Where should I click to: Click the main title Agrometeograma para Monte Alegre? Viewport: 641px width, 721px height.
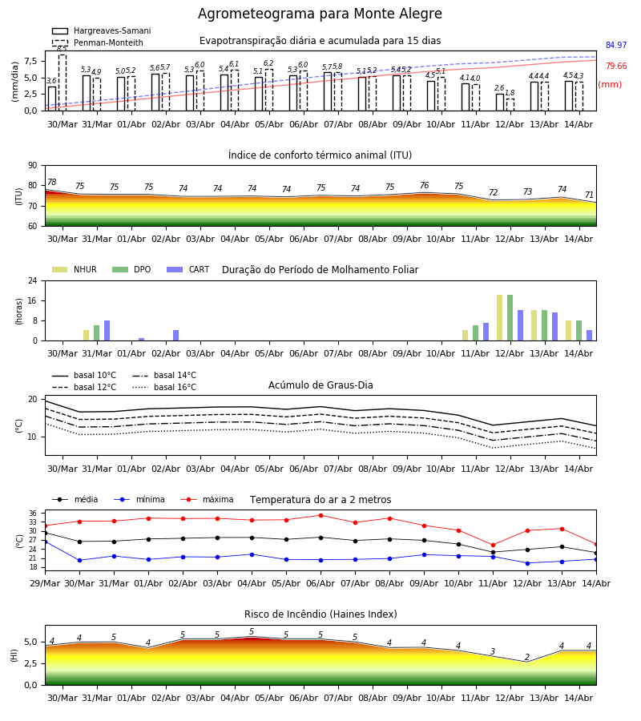tap(320, 14)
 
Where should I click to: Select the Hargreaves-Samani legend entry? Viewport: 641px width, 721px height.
tap(102, 30)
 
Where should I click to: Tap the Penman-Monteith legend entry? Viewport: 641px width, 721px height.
tap(98, 42)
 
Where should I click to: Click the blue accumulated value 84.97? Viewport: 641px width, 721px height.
tap(616, 45)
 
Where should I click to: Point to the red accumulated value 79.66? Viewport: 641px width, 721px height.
tap(616, 66)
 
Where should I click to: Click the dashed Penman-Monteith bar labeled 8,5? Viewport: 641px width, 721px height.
tap(62, 83)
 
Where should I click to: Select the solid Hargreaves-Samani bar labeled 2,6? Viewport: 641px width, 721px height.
tap(500, 102)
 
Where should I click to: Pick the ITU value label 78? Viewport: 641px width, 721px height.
tap(51, 182)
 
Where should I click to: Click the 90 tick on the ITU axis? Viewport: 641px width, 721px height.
tap(33, 166)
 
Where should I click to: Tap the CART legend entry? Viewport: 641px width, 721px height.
tap(188, 269)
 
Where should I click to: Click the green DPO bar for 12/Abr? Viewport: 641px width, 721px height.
tap(510, 318)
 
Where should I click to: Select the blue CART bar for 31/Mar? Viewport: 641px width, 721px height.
tap(107, 331)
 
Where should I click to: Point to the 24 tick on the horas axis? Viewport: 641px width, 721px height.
tap(33, 280)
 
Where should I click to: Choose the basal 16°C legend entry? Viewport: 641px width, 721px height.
tap(164, 387)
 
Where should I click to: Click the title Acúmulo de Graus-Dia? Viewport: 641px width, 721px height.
tap(320, 385)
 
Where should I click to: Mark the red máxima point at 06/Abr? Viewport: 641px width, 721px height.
tap(321, 515)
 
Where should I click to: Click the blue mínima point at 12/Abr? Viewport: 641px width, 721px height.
tap(527, 563)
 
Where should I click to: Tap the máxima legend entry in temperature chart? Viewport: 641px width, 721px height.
tap(207, 499)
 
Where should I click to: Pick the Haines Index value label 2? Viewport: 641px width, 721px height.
tap(527, 657)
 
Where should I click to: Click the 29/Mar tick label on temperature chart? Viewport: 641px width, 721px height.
tap(45, 583)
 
